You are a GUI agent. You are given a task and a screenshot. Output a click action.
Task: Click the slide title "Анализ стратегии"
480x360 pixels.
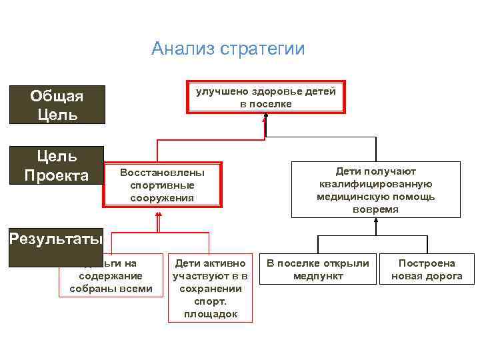pyautogui.click(x=228, y=49)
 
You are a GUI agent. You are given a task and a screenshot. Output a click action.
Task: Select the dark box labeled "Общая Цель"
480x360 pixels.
pyautogui.click(x=57, y=105)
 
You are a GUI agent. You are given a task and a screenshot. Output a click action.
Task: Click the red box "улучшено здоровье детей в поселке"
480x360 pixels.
pyautogui.click(x=266, y=98)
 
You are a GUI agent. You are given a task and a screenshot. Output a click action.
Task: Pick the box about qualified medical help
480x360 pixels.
pyautogui.click(x=376, y=190)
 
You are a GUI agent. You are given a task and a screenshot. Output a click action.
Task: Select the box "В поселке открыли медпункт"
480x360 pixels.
pyautogui.click(x=318, y=269)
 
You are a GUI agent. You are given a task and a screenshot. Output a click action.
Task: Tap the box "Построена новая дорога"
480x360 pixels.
pyautogui.click(x=427, y=269)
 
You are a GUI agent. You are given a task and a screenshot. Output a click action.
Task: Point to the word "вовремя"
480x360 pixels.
pyautogui.click(x=376, y=209)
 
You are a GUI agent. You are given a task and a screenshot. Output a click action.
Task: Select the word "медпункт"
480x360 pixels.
pyautogui.click(x=318, y=276)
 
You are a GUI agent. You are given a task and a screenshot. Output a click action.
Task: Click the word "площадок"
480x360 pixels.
pyautogui.click(x=211, y=314)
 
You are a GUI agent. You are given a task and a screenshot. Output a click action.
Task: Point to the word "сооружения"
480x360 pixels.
pyautogui.click(x=162, y=198)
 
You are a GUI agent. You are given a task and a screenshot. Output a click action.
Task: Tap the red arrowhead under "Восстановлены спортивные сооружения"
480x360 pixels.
pyautogui.click(x=159, y=214)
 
